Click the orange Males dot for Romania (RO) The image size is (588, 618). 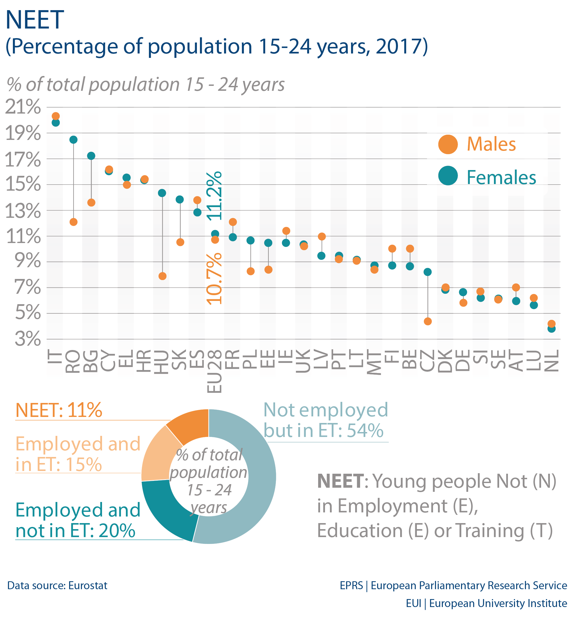[73, 222]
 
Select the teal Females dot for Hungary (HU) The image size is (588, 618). [162, 193]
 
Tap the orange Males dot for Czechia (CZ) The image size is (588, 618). [428, 321]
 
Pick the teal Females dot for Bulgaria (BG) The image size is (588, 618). [91, 156]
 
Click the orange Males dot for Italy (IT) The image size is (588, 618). [55, 116]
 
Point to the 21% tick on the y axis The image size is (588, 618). [23, 107]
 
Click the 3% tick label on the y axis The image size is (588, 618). [28, 339]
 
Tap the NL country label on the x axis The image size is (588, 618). [552, 361]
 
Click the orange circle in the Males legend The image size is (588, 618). [448, 145]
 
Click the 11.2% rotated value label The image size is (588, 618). [214, 196]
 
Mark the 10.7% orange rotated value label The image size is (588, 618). [214, 279]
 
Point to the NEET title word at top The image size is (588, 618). [35, 20]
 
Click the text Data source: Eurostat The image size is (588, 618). [57, 585]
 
